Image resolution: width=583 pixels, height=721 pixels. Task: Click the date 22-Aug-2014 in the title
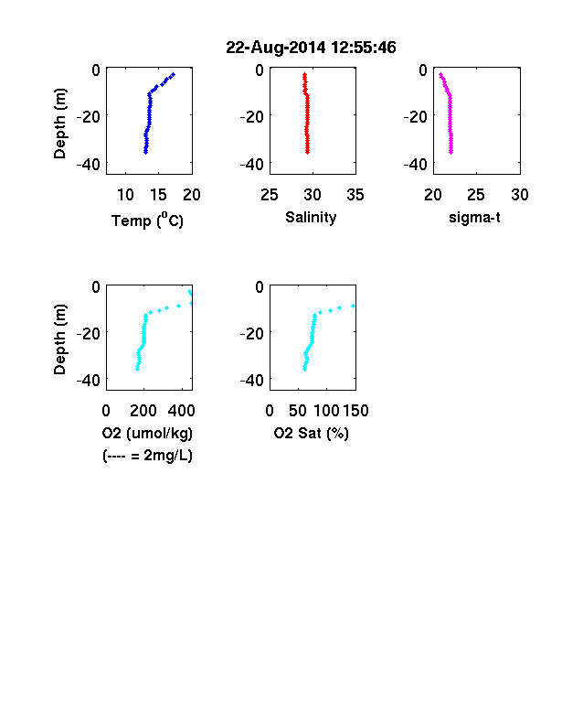tap(276, 48)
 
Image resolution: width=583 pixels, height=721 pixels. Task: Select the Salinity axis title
tap(311, 218)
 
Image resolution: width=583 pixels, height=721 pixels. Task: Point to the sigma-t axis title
tap(474, 217)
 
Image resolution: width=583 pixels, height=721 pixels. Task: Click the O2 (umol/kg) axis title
tap(147, 433)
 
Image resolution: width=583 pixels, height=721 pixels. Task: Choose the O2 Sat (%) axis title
tap(312, 433)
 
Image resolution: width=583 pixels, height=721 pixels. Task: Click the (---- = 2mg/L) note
tap(147, 456)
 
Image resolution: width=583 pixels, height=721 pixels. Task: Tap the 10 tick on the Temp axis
tap(125, 195)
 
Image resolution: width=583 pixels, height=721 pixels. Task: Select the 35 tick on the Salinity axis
tap(355, 195)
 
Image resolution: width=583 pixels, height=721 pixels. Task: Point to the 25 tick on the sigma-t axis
tap(476, 195)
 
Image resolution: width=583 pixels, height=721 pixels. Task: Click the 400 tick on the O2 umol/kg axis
tap(181, 411)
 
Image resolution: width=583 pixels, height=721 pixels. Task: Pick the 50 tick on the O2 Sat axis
tap(298, 411)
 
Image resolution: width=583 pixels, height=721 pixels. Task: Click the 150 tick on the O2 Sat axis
tap(355, 411)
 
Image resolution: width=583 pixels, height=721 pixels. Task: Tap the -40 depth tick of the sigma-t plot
tap(416, 164)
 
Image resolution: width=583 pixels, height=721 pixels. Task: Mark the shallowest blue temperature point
tap(173, 74)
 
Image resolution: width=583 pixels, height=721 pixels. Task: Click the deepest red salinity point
tap(308, 152)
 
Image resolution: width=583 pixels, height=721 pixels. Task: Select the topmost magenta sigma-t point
tap(440, 74)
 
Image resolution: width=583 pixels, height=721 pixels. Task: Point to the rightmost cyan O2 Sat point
tap(353, 306)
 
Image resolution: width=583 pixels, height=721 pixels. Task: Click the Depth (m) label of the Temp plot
tap(60, 124)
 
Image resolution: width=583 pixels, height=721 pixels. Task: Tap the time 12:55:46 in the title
tap(364, 48)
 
